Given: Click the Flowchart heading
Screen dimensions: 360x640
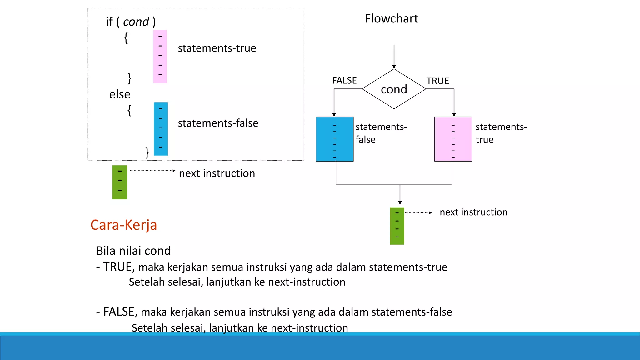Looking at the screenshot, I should point(391,19).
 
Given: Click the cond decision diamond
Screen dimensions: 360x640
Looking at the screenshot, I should point(394,89).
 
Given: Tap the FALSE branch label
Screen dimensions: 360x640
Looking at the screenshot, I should point(344,81).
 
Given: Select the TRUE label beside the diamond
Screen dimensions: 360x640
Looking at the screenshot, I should point(437,81).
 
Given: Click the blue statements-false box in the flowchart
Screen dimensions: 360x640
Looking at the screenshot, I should point(334,139).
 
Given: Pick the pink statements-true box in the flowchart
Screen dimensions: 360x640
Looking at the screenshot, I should point(453,139).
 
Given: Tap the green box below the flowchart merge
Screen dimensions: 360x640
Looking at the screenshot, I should point(397,226).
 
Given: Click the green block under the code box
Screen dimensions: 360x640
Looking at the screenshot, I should point(120,182).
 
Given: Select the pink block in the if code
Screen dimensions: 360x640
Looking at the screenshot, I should point(160,57).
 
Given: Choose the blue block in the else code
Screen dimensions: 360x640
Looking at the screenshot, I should point(161,129).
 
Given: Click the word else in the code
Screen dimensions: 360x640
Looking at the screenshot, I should point(120,94).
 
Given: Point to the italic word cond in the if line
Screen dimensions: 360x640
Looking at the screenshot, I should point(136,22).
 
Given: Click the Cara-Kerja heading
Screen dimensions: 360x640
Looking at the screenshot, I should point(124,225).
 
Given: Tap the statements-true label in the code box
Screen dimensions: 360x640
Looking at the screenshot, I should point(217,48).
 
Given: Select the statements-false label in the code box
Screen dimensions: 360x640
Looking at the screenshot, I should point(218,123).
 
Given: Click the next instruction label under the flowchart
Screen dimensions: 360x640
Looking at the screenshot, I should point(473,212).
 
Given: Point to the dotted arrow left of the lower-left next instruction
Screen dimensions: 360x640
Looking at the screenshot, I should point(152,171).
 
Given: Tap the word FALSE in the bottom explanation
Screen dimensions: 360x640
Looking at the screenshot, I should point(118,312).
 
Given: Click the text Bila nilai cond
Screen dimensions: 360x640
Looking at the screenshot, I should point(133,251).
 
